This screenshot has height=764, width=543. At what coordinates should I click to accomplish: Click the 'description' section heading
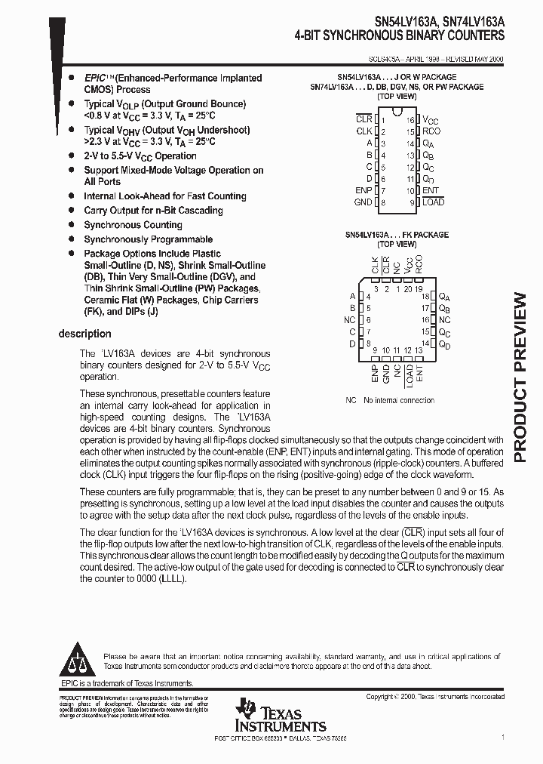pyautogui.click(x=84, y=334)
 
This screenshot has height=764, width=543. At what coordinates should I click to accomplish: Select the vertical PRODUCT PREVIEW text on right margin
pyautogui.click(x=525, y=376)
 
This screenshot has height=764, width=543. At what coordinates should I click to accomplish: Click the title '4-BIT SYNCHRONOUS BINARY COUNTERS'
pyautogui.click(x=400, y=35)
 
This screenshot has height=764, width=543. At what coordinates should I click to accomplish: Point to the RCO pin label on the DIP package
pyautogui.click(x=431, y=131)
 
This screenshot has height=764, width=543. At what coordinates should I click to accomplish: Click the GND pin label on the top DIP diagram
pyautogui.click(x=363, y=202)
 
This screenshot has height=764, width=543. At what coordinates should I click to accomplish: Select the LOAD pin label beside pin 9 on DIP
pyautogui.click(x=433, y=202)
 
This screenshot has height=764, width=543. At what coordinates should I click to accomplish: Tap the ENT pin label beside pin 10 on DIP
pyautogui.click(x=430, y=191)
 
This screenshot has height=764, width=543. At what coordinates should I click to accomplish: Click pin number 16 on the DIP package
pyautogui.click(x=411, y=120)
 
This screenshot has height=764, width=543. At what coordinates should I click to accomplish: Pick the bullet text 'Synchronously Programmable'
pyautogui.click(x=137, y=239)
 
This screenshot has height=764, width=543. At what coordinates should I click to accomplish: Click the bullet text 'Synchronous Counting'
pyautogui.click(x=133, y=225)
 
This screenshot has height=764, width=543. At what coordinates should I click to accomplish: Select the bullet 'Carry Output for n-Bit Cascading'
pyautogui.click(x=153, y=211)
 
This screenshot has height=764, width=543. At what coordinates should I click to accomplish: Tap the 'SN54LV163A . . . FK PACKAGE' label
pyautogui.click(x=392, y=235)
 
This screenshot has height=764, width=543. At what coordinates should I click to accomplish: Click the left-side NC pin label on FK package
pyautogui.click(x=349, y=320)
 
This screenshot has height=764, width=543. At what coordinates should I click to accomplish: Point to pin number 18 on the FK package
pyautogui.click(x=425, y=297)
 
